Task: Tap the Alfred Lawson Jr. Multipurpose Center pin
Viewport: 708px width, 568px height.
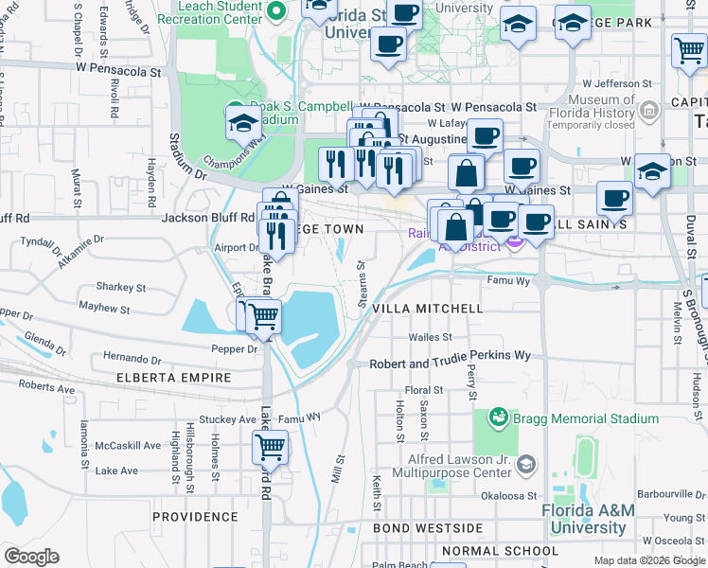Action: point(527,464)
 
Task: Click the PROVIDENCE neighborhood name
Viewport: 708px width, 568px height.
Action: point(195,517)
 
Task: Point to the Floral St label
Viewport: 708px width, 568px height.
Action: point(423,390)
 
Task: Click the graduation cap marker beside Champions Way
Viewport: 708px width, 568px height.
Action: point(243,123)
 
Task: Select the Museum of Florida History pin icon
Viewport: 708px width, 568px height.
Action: point(649,111)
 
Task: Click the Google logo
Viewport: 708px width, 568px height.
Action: point(32,557)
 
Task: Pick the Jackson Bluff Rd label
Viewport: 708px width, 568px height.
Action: point(207,217)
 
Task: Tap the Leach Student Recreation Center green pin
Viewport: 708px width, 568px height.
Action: point(276,12)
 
